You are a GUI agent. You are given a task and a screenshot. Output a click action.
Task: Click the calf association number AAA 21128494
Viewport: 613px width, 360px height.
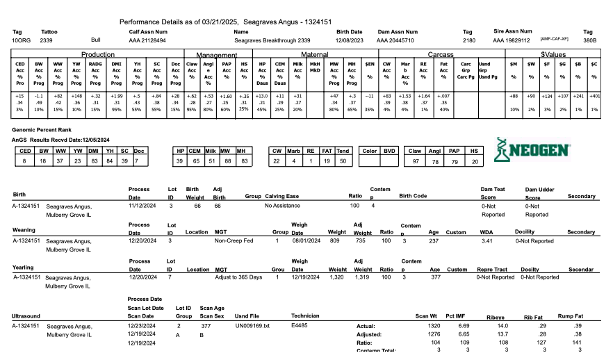tap(152, 41)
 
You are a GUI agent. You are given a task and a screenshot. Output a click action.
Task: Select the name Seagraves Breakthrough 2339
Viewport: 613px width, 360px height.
tap(272, 41)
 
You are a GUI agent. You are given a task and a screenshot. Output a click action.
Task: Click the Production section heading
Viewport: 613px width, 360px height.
tap(98, 54)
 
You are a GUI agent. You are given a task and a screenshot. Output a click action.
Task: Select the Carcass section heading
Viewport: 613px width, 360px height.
tap(441, 54)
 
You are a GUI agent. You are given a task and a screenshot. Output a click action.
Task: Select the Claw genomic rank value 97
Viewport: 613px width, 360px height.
tap(415, 161)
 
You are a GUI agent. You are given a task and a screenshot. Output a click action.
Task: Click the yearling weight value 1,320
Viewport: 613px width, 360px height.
tap(336, 277)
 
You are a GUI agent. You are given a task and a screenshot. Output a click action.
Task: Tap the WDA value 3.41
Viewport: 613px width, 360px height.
tap(487, 240)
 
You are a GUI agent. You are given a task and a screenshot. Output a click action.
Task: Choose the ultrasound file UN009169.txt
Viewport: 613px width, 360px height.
tap(252, 325)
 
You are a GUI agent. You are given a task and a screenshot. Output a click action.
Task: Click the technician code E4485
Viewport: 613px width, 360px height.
tap(300, 325)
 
